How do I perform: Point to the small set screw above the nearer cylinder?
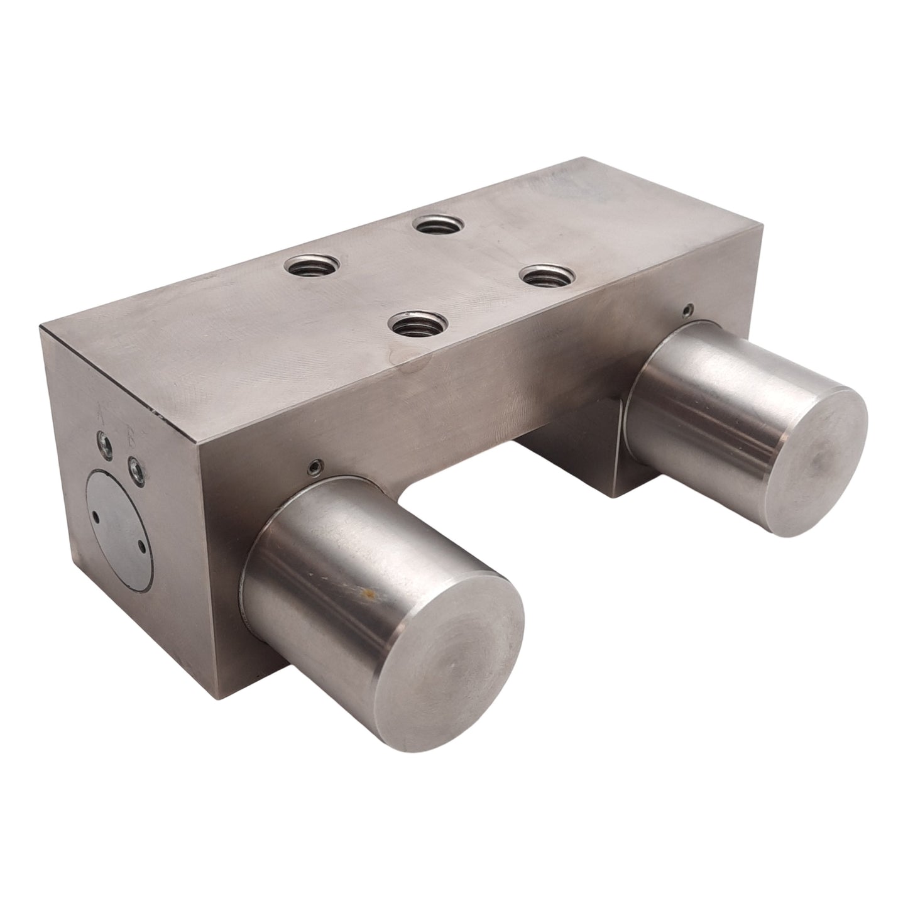coord(312,466)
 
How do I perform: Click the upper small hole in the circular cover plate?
coord(95,515)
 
